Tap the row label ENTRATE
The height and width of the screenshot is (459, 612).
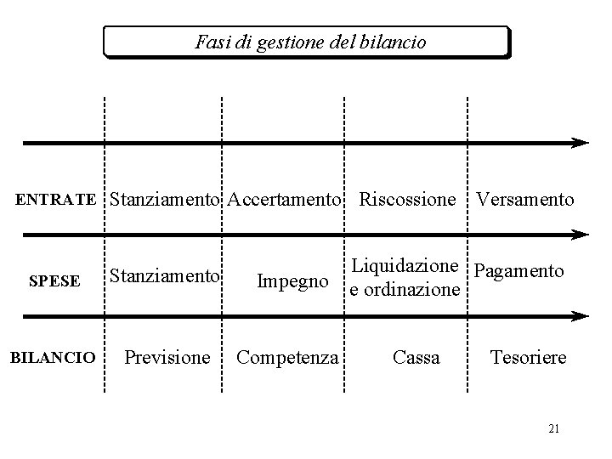pos(56,201)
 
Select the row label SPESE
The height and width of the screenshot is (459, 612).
pos(54,281)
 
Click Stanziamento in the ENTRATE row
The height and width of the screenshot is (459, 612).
pos(165,201)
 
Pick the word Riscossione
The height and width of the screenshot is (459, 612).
pos(407,201)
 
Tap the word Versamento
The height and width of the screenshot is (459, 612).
pos(524,201)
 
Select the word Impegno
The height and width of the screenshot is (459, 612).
pos(292,281)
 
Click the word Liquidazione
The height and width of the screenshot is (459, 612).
pos(405,266)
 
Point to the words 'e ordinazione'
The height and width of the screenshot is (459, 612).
pos(404,290)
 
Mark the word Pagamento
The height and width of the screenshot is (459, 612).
pos(518,271)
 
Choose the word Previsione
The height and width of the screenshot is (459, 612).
pos(167,358)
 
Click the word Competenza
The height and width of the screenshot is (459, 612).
pos(286,358)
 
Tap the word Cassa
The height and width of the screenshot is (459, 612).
pos(416,358)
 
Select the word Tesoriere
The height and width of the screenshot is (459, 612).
pos(528,358)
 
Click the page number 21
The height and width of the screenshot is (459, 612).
pos(553,429)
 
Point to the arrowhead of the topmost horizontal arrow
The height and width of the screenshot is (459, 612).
pos(581,143)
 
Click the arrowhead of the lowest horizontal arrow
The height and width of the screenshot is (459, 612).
pos(581,315)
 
